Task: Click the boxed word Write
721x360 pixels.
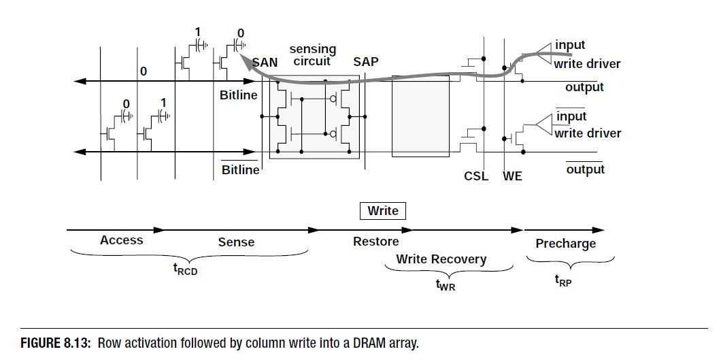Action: tap(383, 211)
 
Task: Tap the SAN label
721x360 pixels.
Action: tap(265, 62)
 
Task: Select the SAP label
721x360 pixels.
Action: tap(366, 62)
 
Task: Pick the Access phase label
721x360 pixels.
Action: tap(122, 240)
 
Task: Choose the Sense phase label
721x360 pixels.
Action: tap(236, 242)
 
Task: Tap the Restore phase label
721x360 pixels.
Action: tap(376, 242)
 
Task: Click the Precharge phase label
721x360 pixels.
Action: tap(565, 244)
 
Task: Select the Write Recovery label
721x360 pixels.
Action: tap(441, 259)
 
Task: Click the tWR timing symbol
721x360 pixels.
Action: tap(446, 287)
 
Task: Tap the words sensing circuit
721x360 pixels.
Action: tap(313, 55)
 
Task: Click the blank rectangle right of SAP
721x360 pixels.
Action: tap(421, 116)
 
